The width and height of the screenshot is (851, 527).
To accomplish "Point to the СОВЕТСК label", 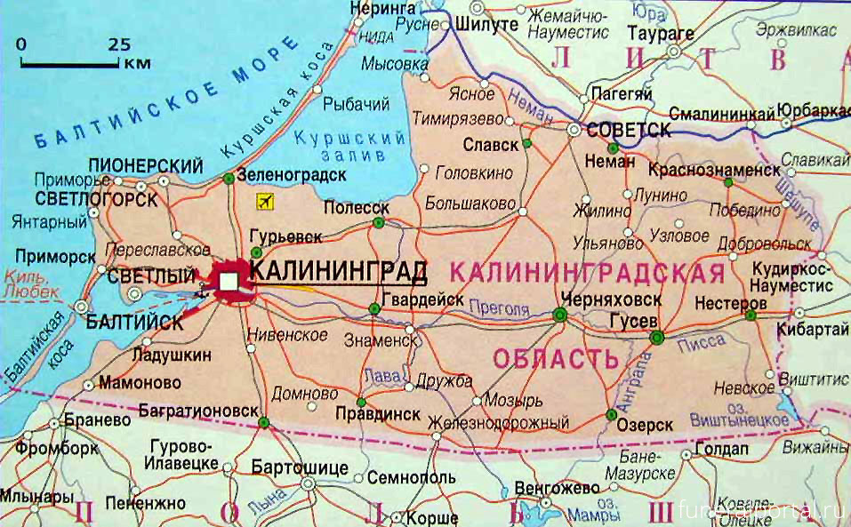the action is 629,130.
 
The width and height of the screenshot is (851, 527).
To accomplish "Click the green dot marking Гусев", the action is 656,337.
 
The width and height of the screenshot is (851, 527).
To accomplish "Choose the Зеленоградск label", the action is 292,175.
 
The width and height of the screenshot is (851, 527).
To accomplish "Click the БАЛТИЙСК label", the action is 135,323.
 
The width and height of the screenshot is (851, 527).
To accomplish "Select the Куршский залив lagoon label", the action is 349,147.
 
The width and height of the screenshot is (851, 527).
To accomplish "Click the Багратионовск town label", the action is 200,410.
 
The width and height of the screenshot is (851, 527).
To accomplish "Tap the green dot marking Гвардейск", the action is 374,308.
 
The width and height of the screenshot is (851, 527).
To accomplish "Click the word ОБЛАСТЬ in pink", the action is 554,360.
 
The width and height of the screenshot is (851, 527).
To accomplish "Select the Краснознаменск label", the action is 714,169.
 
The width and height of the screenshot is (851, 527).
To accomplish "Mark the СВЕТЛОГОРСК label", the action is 97,199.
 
